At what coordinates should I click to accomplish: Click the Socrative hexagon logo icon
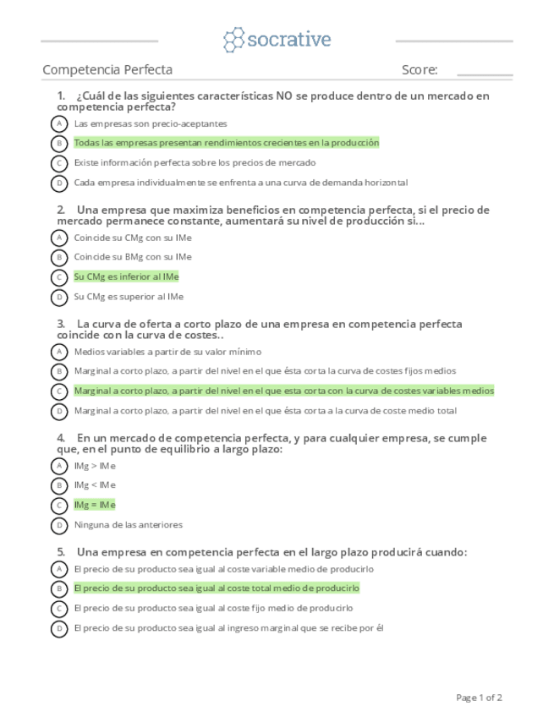pos(233,40)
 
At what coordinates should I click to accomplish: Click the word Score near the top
pos(420,70)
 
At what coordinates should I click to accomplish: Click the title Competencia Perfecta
pos(107,70)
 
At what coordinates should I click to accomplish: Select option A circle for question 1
pos(59,123)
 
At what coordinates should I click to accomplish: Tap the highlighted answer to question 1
pos(226,143)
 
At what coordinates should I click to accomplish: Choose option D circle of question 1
pos(59,183)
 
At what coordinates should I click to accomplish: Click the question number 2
pos(61,210)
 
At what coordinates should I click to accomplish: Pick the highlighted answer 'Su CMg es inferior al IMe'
pos(126,276)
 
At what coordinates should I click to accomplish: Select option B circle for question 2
pos(59,257)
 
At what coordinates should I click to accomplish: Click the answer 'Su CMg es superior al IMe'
pos(129,297)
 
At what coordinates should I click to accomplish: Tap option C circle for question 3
pos(59,391)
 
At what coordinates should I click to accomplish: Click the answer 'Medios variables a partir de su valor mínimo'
pos(167,352)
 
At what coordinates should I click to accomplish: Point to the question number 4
pos(61,438)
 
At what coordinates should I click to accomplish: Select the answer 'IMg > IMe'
pos(95,466)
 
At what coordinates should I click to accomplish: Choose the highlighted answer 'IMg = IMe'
pos(95,505)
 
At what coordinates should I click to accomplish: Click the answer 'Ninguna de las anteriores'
pos(128,525)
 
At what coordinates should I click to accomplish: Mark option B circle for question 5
pos(59,588)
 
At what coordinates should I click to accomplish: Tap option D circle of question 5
pos(59,628)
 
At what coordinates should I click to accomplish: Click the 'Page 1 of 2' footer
pos(479,698)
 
